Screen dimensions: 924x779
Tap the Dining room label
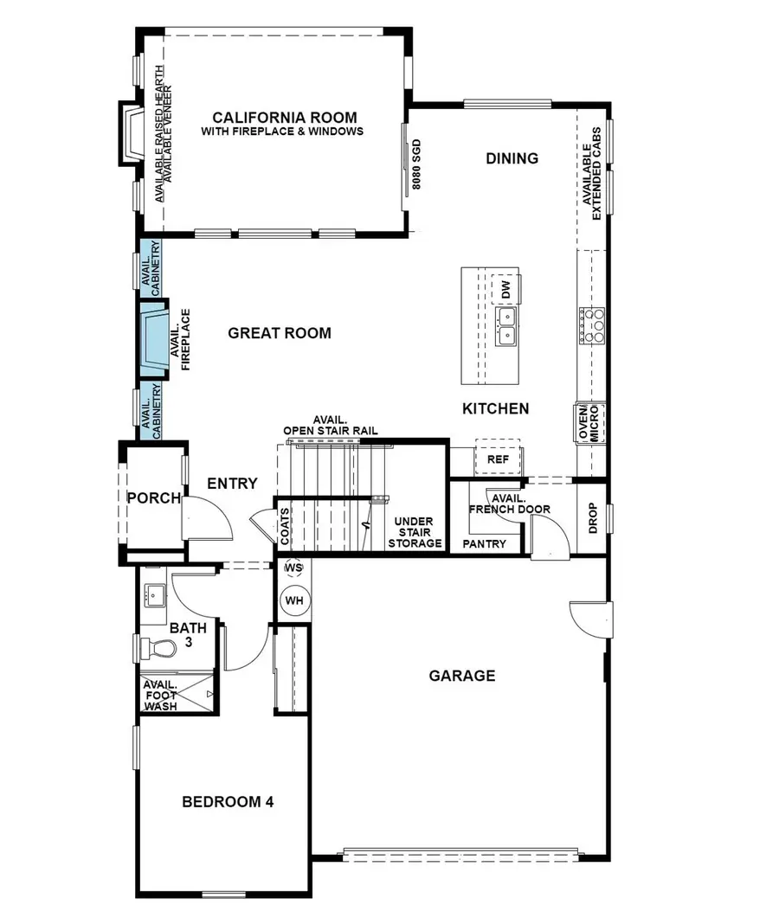click(x=512, y=158)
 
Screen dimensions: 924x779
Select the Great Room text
click(x=279, y=333)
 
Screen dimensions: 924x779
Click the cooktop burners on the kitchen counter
click(x=595, y=324)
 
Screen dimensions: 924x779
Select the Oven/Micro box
click(x=589, y=423)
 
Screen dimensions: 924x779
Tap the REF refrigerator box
click(x=498, y=459)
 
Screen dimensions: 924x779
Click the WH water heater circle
click(x=294, y=600)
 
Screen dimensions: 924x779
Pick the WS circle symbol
click(x=293, y=567)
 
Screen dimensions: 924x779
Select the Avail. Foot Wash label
click(x=161, y=694)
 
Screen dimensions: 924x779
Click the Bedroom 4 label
click(x=228, y=802)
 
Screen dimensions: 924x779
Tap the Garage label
click(x=462, y=676)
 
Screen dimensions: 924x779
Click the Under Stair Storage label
click(x=415, y=533)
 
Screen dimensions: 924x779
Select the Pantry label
click(x=484, y=544)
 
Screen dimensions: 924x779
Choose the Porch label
click(x=153, y=498)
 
